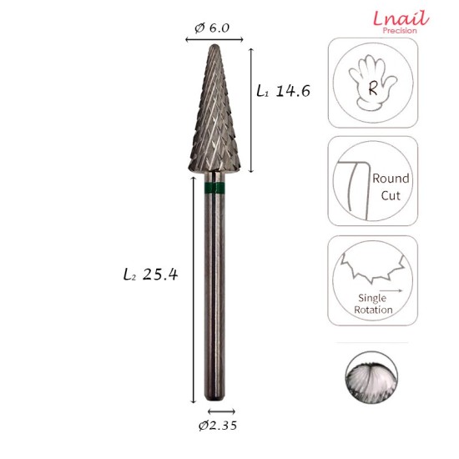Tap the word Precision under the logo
[x=400, y=31]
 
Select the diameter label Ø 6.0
[x=211, y=28]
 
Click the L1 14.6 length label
[x=283, y=91]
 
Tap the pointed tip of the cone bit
[x=211, y=47]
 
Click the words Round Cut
[x=390, y=186]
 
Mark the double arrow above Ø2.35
[x=221, y=411]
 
